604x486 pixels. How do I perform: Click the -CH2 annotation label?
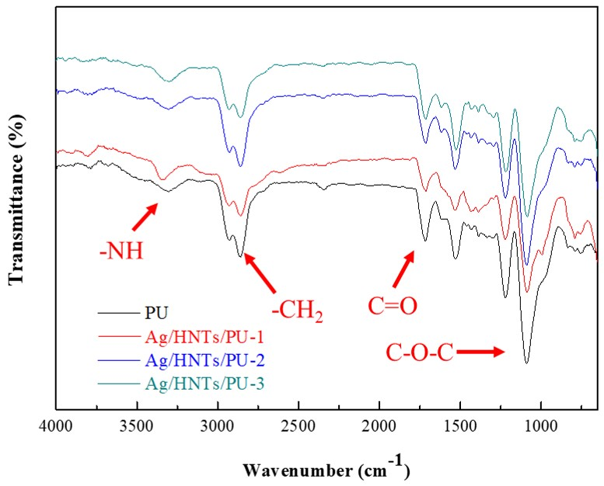[297, 311]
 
